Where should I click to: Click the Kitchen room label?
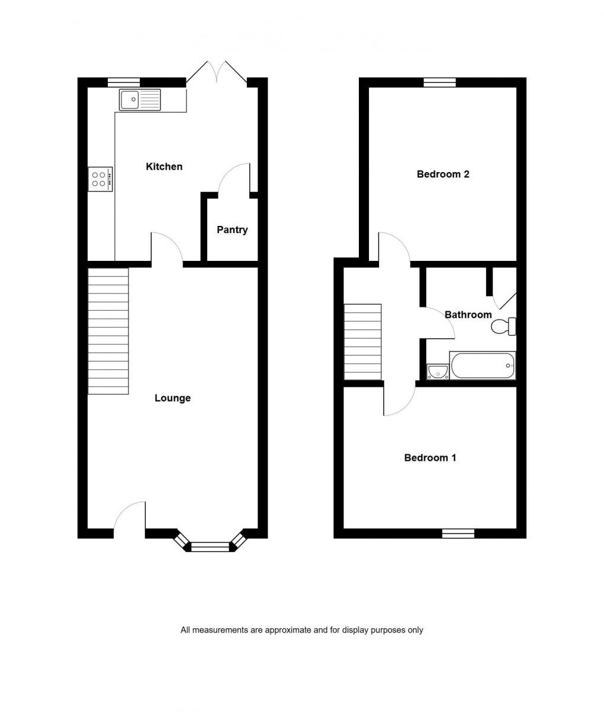coord(164,167)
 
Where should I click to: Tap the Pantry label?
coord(232,230)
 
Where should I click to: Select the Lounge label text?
coord(172,398)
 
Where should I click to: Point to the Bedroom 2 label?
coord(443,175)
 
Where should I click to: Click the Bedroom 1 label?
coord(430,458)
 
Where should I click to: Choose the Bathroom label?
coord(468,315)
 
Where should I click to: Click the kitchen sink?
coord(140,99)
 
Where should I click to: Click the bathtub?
coord(483,366)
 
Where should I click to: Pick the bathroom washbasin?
coord(438,371)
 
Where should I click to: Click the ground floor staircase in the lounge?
coord(108,331)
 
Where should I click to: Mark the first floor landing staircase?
coord(363,342)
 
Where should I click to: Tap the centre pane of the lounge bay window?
coord(210,547)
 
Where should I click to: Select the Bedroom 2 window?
coord(440,82)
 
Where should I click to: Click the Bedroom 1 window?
coord(458,534)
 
